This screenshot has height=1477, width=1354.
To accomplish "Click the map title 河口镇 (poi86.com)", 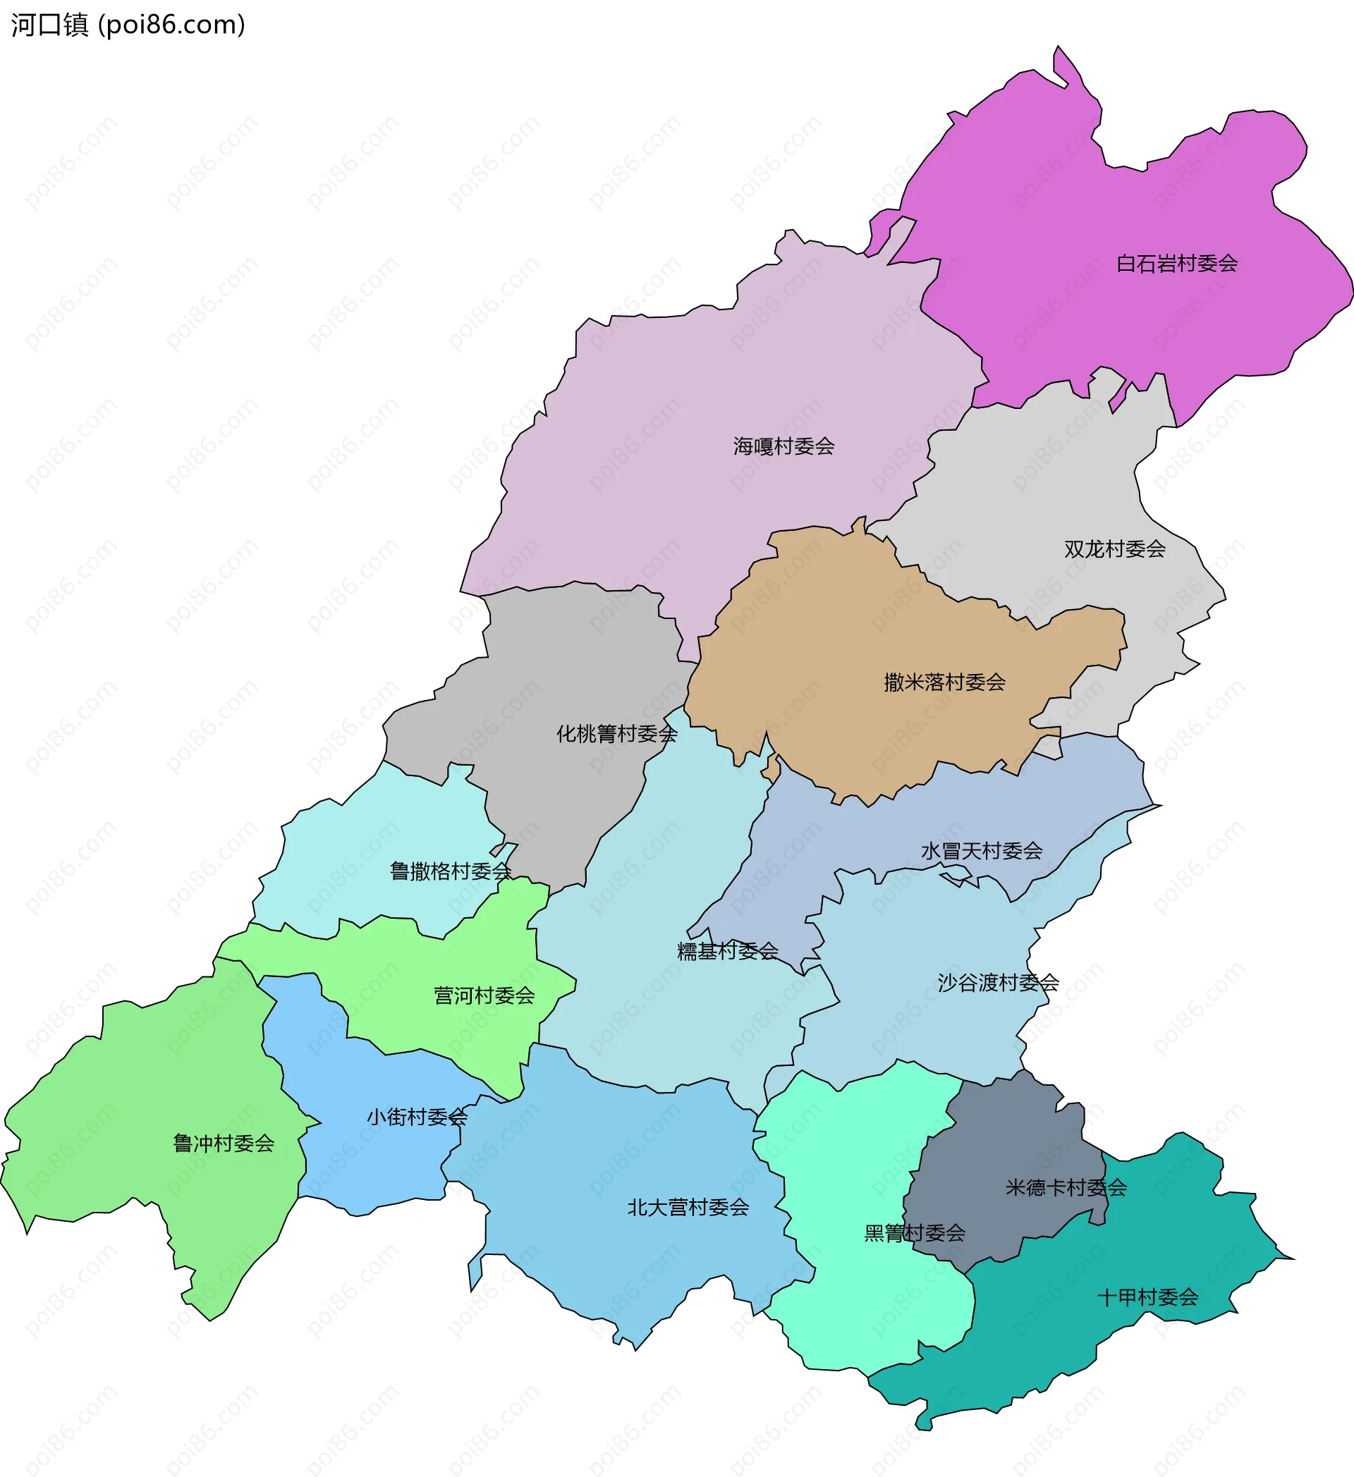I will [x=128, y=25].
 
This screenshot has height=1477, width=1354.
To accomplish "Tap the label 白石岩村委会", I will [x=1177, y=264].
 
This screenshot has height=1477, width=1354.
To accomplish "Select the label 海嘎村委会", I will [x=783, y=446].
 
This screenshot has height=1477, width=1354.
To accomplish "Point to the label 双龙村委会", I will [x=1114, y=548].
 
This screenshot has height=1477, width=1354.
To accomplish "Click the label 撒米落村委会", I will [x=944, y=682].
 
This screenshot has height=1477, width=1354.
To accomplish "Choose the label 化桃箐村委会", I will [x=616, y=733].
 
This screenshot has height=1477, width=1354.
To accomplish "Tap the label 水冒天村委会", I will [x=981, y=850].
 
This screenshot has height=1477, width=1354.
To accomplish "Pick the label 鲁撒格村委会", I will [x=450, y=871].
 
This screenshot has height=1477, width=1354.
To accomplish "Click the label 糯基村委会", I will [x=727, y=951].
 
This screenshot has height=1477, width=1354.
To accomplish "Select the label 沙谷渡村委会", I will [x=998, y=983].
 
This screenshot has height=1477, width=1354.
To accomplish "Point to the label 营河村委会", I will [x=484, y=995].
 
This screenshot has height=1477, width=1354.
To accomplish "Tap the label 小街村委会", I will [x=416, y=1117].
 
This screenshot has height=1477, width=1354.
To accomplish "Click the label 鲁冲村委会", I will [x=224, y=1143].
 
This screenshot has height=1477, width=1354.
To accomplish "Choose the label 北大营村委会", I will [x=688, y=1208].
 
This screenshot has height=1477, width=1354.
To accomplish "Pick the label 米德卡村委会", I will [x=1066, y=1188].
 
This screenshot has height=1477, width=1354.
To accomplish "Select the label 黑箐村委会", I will [x=915, y=1233].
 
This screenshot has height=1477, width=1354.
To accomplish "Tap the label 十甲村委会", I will [x=1147, y=1297].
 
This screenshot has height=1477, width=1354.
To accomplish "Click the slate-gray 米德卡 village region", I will [x=1011, y=1143].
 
